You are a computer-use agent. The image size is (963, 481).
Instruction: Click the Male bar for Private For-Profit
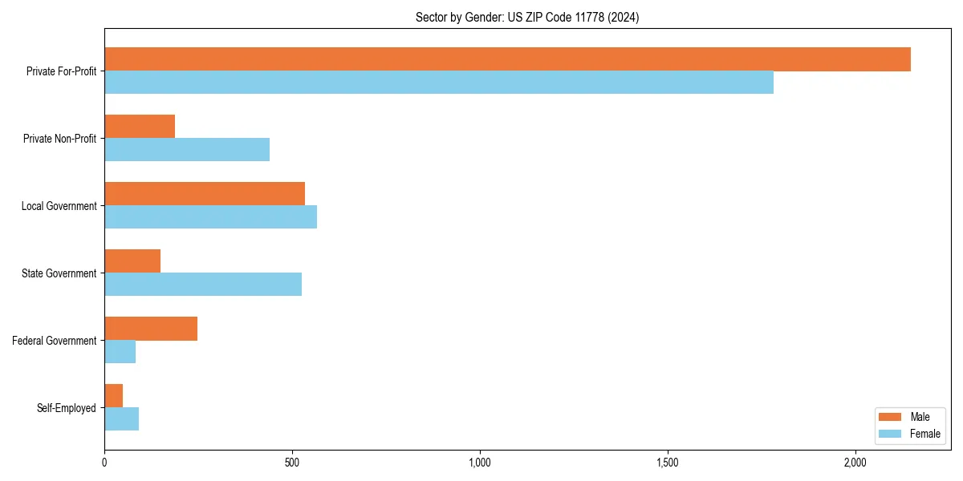pos(507,59)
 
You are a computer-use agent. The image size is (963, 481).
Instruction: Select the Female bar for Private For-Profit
pos(439,83)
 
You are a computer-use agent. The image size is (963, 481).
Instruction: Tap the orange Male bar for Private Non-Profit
pos(140,127)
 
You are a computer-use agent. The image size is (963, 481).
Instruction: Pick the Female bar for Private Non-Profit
pos(187,150)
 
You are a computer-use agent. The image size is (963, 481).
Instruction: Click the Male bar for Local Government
pos(205,194)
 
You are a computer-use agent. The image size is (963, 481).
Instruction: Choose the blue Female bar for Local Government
pos(210,217)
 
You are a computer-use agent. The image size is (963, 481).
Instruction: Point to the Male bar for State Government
pos(132,261)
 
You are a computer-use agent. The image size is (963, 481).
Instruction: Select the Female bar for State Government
pos(203,285)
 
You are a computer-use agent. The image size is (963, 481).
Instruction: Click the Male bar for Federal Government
pos(151,329)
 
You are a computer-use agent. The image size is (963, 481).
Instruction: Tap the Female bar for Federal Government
pos(120,352)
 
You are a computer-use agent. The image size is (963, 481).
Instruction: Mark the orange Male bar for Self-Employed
pos(114,396)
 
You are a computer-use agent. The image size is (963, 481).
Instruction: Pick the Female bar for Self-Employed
pos(122,419)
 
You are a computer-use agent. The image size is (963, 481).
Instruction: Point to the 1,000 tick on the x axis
pos(480,463)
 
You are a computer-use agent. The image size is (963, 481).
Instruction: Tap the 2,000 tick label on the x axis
pos(855,463)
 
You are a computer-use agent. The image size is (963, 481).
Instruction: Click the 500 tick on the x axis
pos(292,463)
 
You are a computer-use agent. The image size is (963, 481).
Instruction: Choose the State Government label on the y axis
pos(59,273)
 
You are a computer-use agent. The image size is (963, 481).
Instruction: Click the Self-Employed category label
pos(66,408)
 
